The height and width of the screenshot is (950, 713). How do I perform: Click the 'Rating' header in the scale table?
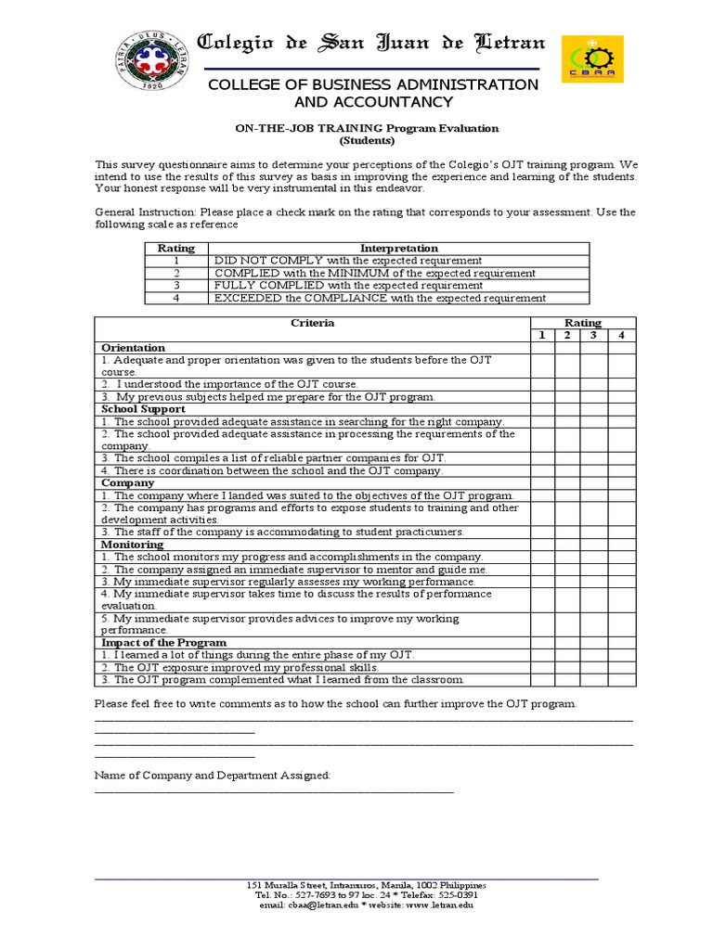tap(175, 249)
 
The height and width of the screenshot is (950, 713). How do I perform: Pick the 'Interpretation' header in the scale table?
tap(399, 249)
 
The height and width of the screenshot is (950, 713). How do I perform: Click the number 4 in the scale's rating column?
tap(175, 298)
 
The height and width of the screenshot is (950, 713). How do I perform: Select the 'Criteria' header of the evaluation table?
tap(312, 323)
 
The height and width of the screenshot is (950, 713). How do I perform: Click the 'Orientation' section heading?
tap(133, 348)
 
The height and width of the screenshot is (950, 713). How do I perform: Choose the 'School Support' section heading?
tap(143, 409)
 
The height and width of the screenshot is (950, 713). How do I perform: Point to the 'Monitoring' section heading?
tap(132, 545)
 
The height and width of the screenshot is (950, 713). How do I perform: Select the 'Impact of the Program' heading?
tap(163, 643)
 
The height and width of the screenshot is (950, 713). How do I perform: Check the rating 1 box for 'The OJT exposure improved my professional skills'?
tap(541, 667)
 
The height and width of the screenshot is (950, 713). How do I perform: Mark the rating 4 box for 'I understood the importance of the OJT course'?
tap(622, 384)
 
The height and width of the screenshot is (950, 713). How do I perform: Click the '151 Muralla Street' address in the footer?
tap(288, 885)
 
